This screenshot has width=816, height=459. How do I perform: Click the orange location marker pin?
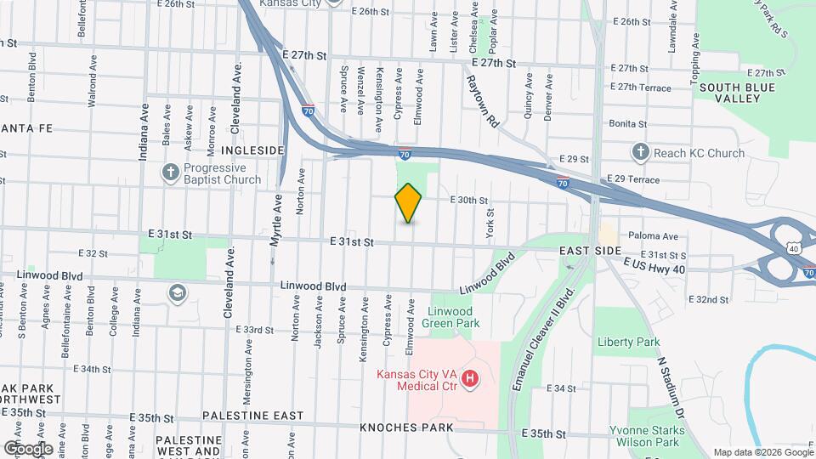coord(408,203)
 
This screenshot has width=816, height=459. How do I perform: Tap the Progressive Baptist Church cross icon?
coord(171,173)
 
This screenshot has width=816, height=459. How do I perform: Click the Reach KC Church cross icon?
coord(640,153)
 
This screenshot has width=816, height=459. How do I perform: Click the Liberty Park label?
coord(629,342)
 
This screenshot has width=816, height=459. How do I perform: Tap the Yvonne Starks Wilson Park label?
coord(643,437)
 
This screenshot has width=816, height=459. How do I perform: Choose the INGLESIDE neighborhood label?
coord(252,150)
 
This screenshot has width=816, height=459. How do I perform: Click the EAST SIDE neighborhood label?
coord(591,252)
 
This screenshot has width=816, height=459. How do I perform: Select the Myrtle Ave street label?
coord(275,219)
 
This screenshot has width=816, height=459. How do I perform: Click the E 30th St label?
coord(470,201)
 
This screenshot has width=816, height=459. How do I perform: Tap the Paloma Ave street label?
coord(653,236)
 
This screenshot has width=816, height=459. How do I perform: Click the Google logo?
coord(28,448)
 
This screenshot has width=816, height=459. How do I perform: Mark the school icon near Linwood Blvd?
coord(178,293)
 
